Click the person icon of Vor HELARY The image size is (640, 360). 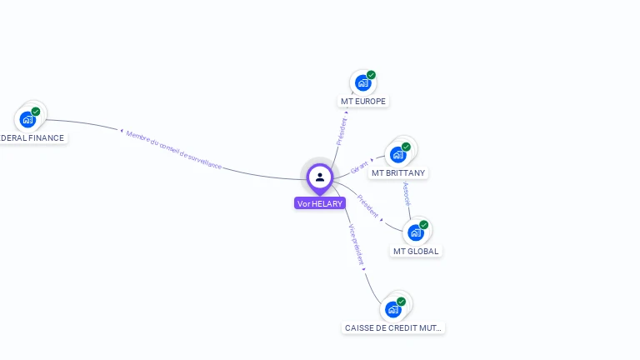point(320,177)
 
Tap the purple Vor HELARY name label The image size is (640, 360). point(320,203)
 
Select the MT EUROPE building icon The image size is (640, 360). point(362,82)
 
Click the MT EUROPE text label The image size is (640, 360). point(363,101)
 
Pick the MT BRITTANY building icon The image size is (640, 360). point(398,154)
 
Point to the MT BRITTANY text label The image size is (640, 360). point(398,173)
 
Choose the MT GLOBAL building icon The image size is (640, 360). point(416,232)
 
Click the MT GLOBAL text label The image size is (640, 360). point(416,251)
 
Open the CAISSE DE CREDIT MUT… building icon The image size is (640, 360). point(393,309)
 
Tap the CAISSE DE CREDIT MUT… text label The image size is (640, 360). point(394,327)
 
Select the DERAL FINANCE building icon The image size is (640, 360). point(27,119)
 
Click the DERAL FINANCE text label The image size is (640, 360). point(32,138)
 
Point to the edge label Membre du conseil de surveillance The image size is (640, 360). point(174,150)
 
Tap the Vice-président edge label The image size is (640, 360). point(356,244)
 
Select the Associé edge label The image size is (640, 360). point(407,193)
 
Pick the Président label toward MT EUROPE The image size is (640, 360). point(341,132)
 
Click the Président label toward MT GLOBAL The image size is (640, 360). point(368,207)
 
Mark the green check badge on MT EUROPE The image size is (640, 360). point(371,75)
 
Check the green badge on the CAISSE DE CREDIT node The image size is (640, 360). point(401,302)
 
